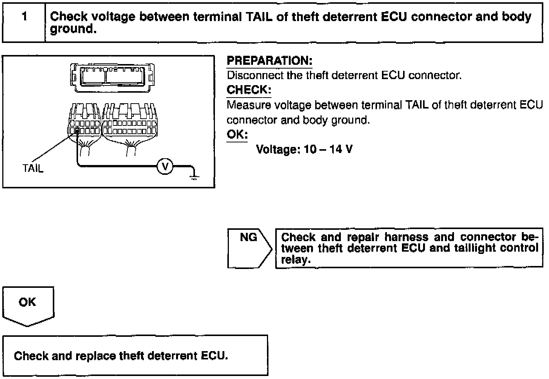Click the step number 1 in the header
point(25,17)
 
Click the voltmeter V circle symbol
point(164,166)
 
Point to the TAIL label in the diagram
point(33,168)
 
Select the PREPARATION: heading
point(269,61)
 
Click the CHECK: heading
point(249,90)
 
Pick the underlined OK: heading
point(237,134)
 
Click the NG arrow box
point(248,248)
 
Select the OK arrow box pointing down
point(28,305)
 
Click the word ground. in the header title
point(73,29)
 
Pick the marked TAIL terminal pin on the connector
point(77,131)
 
